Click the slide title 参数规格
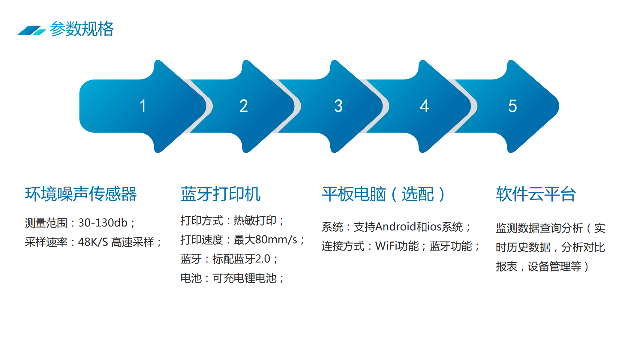tap(82, 29)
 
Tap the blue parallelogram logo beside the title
tap(32, 30)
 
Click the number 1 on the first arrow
tap(143, 106)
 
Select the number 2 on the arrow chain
tap(244, 106)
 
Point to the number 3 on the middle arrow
tap(338, 106)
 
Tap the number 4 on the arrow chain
tap(424, 106)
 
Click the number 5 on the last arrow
tap(512, 106)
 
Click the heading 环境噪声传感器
tap(81, 194)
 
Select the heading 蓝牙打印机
tap(221, 194)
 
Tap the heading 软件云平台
tap(536, 194)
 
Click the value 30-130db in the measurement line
tap(103, 223)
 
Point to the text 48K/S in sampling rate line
tap(93, 242)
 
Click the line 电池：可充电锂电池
tap(232, 278)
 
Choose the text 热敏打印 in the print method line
tap(255, 221)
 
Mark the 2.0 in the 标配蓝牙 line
tap(263, 259)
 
